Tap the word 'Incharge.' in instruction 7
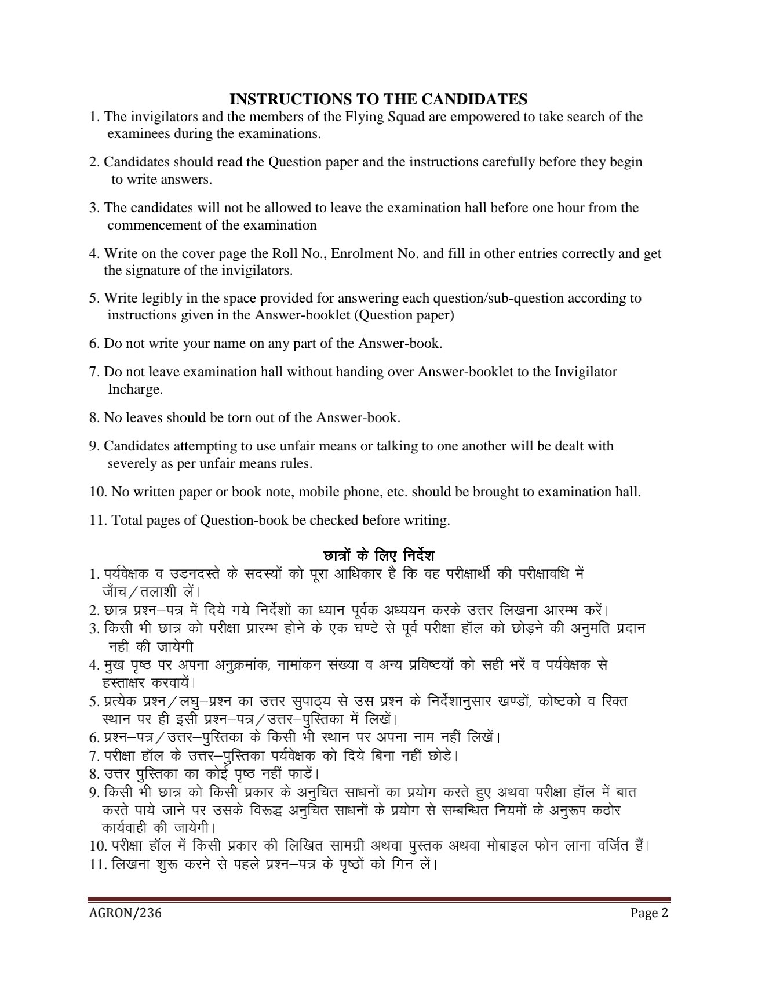click(x=135, y=389)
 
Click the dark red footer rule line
click(x=379, y=900)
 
